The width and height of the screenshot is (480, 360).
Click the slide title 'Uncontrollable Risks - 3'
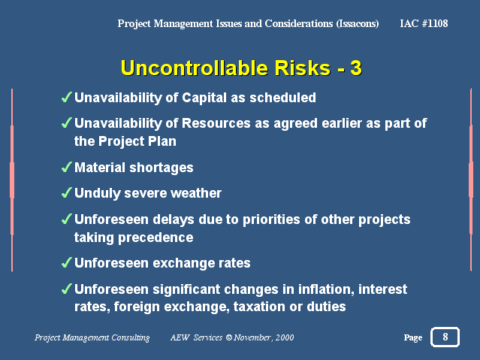point(240,68)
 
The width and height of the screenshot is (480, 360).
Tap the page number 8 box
point(445,337)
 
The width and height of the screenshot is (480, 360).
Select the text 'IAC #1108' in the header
point(424,23)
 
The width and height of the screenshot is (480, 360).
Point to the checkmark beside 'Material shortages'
point(66,168)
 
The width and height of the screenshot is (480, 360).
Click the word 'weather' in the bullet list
point(198,193)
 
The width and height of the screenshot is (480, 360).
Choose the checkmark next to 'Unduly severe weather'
point(66,193)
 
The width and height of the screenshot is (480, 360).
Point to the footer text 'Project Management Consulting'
point(92,337)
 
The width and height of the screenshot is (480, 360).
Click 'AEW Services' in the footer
point(196,337)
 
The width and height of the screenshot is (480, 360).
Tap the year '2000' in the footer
point(284,337)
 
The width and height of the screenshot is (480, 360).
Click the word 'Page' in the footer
point(412,338)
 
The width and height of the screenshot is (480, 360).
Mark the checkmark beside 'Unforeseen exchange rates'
point(66,263)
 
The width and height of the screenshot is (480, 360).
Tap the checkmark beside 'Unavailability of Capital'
point(66,98)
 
